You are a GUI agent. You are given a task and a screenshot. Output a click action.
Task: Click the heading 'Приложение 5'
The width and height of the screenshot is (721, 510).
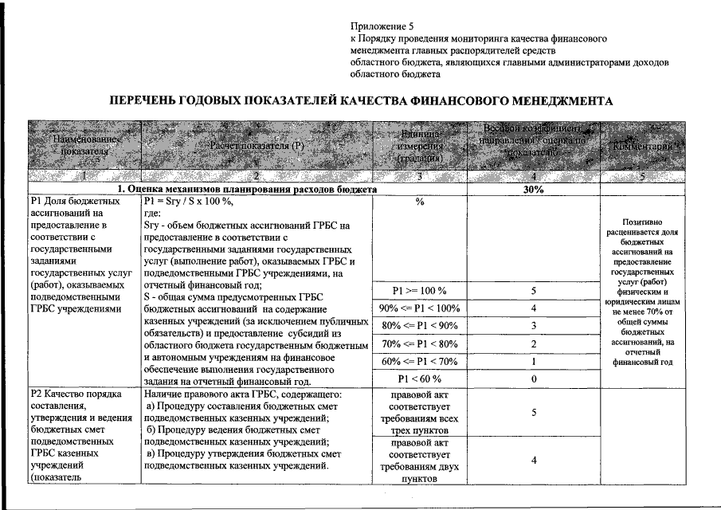[x=380, y=27]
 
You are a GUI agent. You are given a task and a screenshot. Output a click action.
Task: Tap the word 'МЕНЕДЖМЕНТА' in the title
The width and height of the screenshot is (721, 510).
[x=561, y=102]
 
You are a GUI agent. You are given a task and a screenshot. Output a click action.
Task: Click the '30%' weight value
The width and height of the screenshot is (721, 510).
[x=533, y=190]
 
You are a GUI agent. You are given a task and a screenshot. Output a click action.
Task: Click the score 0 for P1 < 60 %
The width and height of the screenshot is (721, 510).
[x=533, y=379]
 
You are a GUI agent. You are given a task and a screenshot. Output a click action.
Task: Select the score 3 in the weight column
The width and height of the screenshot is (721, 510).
[x=533, y=326]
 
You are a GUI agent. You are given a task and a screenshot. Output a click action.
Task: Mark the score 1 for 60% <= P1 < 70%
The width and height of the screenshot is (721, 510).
[x=533, y=361]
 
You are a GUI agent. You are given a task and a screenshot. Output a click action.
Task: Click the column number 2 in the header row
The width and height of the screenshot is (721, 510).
[x=257, y=177]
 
